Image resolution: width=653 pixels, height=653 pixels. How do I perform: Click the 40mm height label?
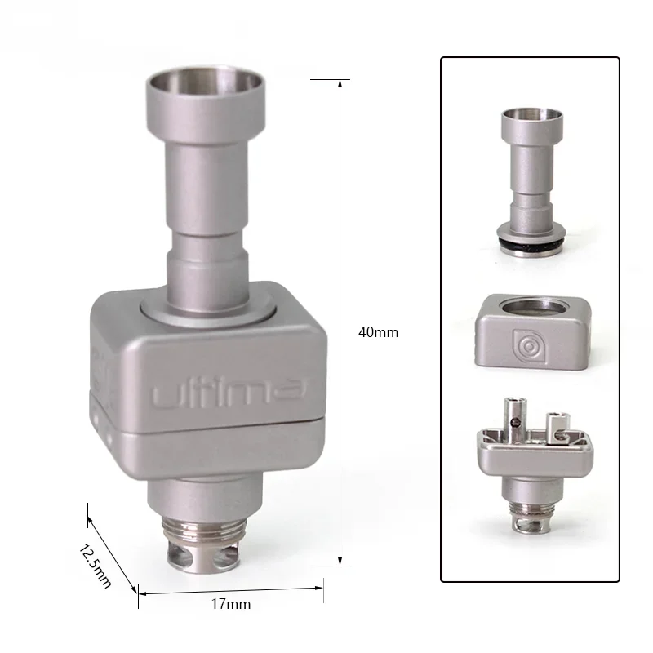[378, 332]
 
